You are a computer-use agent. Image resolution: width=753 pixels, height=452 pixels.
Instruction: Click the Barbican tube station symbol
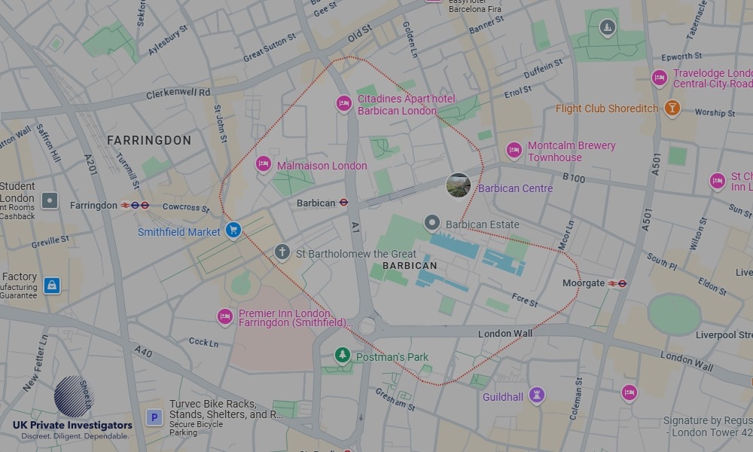click(x=343, y=203)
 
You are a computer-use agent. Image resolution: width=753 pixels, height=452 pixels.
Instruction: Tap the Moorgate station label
click(x=584, y=283)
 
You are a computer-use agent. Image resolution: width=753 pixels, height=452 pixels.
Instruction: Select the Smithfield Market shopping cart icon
click(x=233, y=230)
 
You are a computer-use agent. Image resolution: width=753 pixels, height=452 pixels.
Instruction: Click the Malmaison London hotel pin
click(x=263, y=164)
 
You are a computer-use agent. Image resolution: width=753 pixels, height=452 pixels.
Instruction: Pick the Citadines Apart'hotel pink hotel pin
click(x=344, y=103)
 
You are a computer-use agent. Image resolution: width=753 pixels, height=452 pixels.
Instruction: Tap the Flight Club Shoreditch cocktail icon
click(x=672, y=108)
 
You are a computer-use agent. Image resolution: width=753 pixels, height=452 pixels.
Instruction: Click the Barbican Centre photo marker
click(x=459, y=185)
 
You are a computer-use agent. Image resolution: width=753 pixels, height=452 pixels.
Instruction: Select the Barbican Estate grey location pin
click(x=431, y=222)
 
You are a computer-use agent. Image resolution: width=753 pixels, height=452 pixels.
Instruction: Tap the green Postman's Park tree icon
click(x=343, y=355)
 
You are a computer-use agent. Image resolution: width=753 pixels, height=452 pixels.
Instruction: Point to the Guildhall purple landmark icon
click(x=536, y=395)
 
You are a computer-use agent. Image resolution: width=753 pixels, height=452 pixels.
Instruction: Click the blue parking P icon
click(x=154, y=417)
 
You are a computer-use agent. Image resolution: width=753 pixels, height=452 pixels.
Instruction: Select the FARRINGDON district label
click(x=149, y=140)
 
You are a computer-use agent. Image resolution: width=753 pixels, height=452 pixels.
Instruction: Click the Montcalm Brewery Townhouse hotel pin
click(x=514, y=151)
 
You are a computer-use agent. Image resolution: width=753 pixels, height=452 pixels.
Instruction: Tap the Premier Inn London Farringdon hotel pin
click(x=224, y=317)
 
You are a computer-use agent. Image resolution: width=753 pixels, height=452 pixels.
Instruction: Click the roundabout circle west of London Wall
click(x=367, y=326)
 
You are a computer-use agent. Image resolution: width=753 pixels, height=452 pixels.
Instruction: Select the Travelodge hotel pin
click(x=660, y=78)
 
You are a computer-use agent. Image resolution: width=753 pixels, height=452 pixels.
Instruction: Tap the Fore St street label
click(x=525, y=301)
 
